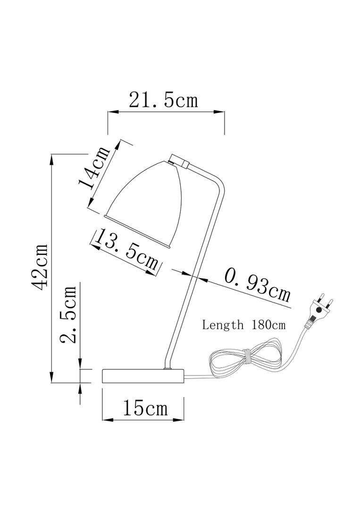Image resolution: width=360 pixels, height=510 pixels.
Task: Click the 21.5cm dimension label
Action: point(163,100)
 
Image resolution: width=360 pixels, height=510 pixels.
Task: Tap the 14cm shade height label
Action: point(94,168)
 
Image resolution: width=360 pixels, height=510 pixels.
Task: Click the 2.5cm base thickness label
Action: point(68,314)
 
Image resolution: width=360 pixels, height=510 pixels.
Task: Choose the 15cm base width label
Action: point(145,408)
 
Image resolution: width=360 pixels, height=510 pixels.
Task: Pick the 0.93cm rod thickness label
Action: point(257,285)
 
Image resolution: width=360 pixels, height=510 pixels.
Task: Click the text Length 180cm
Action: point(243,325)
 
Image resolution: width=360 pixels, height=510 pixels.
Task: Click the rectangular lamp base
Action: point(143,376)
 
